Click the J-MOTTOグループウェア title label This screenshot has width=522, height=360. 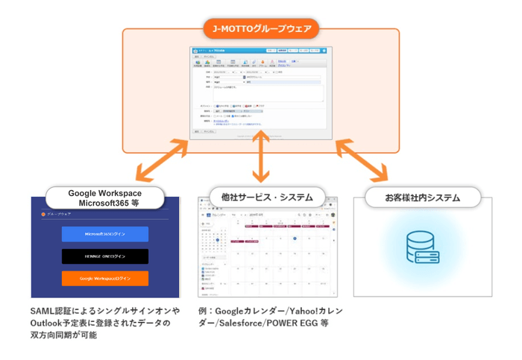coord(261,30)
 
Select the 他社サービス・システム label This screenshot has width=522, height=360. coord(260,198)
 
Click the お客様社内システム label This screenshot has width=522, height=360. coord(422,198)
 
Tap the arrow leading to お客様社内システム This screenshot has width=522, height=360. coord(360,159)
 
